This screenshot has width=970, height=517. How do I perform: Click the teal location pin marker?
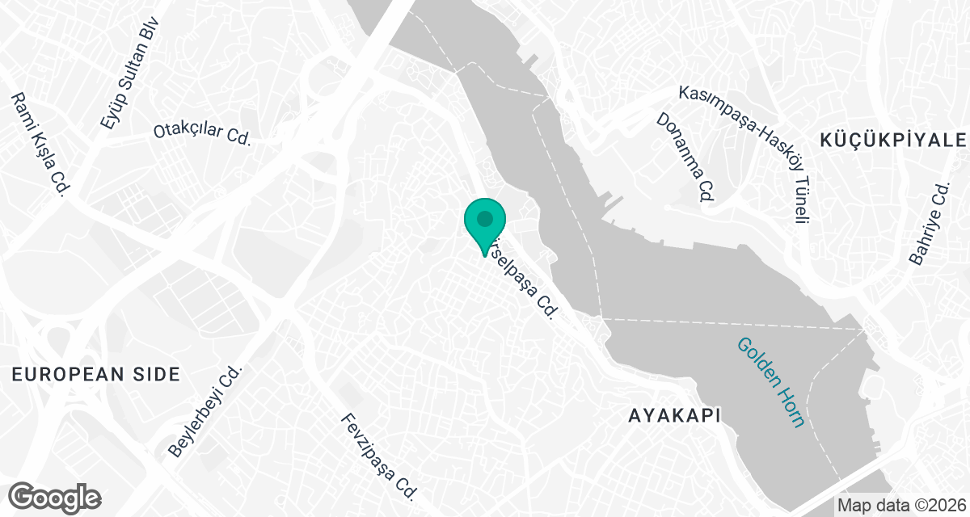click(484, 224)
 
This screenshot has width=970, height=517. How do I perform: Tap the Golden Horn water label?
click(770, 382)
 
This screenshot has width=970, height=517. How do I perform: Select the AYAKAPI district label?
click(673, 415)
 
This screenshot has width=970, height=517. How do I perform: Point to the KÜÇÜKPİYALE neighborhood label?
click(893, 140)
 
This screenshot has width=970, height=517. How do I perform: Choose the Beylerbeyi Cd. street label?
click(205, 412)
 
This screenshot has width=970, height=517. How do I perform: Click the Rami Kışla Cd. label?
click(37, 143)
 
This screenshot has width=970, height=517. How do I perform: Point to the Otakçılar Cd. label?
click(203, 131)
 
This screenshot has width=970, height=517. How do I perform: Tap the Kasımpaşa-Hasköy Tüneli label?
click(748, 149)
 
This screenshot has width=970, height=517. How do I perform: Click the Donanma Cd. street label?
click(685, 156)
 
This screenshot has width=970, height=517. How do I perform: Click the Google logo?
click(55, 497)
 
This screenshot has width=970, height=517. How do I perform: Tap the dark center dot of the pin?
click(484, 218)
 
